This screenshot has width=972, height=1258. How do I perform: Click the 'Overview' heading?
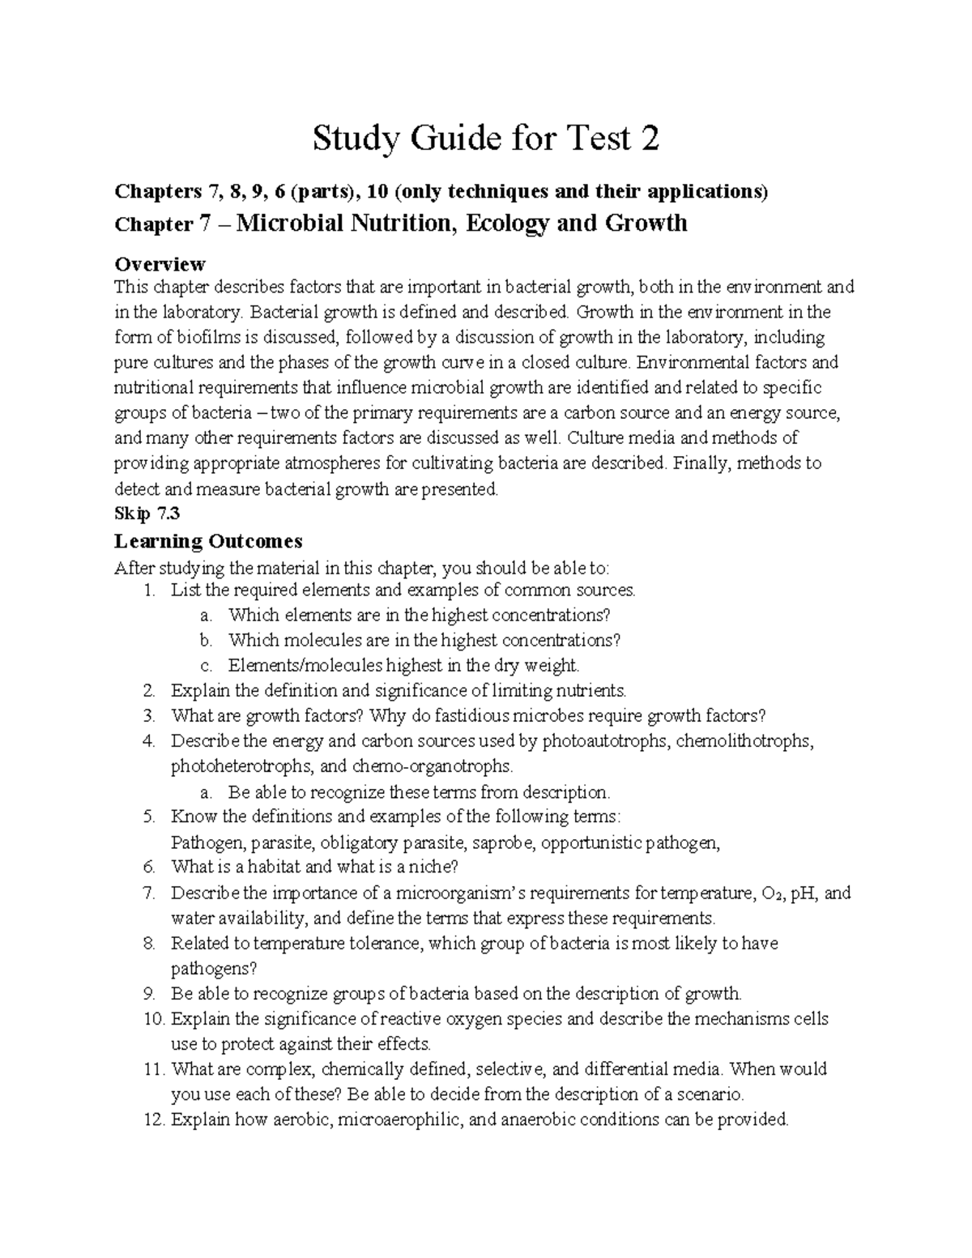coord(160,264)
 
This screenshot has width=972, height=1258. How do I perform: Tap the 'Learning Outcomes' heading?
coord(208,540)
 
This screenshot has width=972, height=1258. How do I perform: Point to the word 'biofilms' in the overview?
coord(221,337)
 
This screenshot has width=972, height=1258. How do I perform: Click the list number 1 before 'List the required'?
coord(147,590)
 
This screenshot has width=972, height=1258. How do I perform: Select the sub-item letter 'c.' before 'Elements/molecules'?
coord(206,666)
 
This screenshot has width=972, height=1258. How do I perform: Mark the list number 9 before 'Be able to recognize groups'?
coord(147,994)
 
